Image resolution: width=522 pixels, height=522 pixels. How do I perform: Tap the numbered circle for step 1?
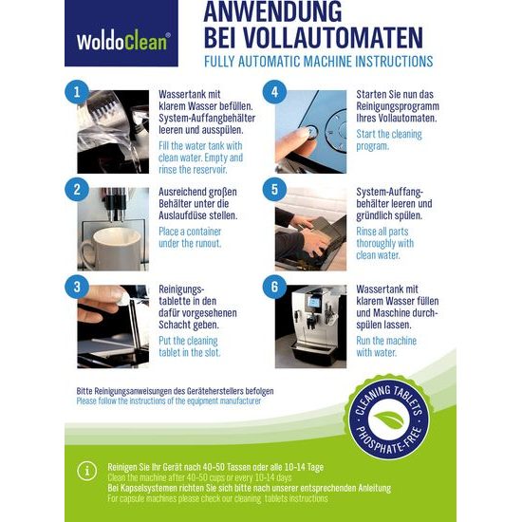point(77,92)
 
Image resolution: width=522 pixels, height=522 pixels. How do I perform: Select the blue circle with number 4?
point(274,92)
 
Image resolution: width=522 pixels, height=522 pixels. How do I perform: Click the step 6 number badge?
point(274,287)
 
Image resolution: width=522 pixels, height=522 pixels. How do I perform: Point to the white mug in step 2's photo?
point(112,248)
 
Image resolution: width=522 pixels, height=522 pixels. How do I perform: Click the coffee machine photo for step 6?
point(310,326)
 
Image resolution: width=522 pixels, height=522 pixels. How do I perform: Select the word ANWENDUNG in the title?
point(272,11)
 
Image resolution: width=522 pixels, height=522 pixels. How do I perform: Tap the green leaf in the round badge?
point(389,419)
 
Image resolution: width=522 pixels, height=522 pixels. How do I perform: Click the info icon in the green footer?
point(87,471)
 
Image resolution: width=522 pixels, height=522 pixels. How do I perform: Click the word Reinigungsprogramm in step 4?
point(398,106)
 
